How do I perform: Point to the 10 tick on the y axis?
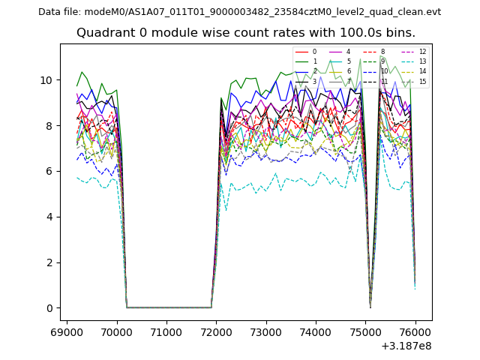(x=46, y=80)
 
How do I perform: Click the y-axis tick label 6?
(x=49, y=171)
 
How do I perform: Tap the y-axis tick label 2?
(x=49, y=262)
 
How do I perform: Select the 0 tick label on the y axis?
(x=49, y=308)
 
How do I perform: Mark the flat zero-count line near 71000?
(x=166, y=307)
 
